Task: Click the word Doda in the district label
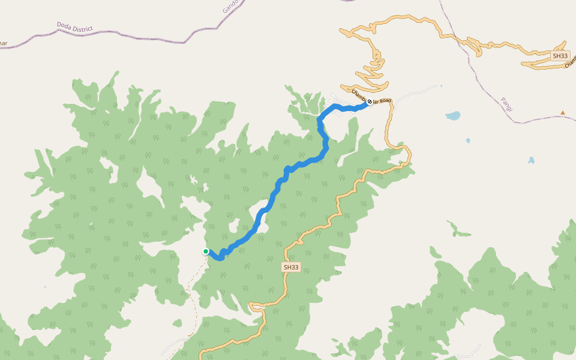tap(64, 25)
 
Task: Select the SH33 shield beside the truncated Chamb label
tap(560, 56)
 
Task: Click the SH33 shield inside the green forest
tap(290, 266)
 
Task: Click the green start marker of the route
tap(206, 251)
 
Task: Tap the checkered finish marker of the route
tap(370, 101)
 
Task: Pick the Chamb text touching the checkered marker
tap(358, 95)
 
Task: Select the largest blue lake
tap(452, 115)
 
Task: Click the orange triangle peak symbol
tap(563, 113)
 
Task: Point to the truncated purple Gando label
tap(231, 6)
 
